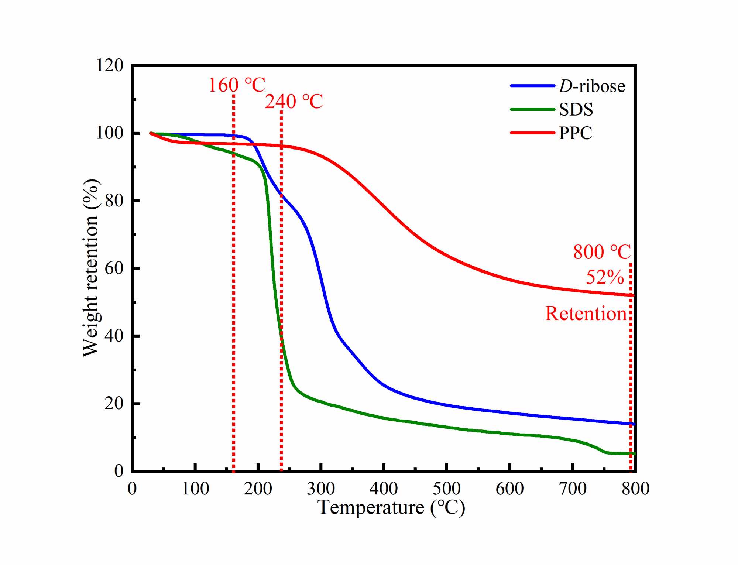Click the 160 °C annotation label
tap(237, 85)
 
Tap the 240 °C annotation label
tap(294, 102)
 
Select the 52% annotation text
tap(605, 277)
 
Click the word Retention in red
tap(586, 314)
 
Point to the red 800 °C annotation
tap(602, 252)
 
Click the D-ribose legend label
tap(592, 86)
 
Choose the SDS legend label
tap(576, 109)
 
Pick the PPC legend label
tap(576, 133)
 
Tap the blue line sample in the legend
tap(532, 86)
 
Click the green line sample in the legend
tap(532, 109)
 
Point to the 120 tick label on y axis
tap(109, 66)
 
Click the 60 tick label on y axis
tap(114, 268)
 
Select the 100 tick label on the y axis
tap(109, 133)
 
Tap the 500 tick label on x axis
tap(447, 489)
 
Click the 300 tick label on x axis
tap(321, 489)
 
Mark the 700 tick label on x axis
tap(573, 489)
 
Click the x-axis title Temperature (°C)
tap(391, 507)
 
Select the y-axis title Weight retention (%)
tap(91, 268)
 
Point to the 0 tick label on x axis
tap(132, 489)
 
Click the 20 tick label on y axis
tap(114, 403)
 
